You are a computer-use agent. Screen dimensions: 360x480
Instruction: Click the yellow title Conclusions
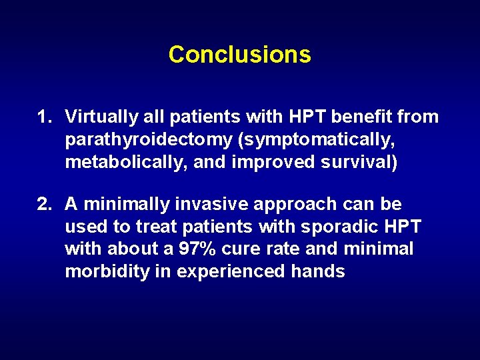point(239,54)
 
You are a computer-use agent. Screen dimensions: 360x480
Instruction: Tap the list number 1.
point(43,117)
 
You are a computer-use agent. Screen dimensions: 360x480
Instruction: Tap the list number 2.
point(43,204)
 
